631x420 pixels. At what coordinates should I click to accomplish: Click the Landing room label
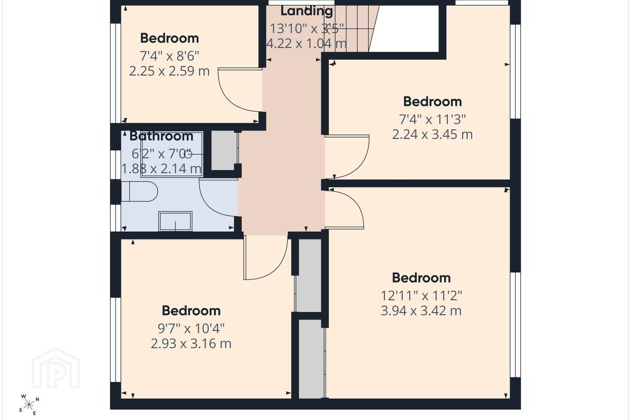306,11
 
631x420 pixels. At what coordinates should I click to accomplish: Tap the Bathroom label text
161,136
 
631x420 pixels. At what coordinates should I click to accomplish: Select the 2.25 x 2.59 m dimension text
170,71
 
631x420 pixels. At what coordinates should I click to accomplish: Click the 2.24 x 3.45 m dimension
432,134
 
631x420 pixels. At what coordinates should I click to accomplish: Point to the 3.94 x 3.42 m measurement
422,311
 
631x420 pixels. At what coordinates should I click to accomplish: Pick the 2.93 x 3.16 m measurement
191,343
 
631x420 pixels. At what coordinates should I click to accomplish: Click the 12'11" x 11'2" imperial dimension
422,296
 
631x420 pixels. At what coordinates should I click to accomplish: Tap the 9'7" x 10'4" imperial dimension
191,328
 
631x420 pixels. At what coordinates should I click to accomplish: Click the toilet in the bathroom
139,192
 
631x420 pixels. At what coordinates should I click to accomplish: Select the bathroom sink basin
175,221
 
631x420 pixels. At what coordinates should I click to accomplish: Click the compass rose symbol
29,405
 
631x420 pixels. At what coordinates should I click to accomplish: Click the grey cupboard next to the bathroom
224,150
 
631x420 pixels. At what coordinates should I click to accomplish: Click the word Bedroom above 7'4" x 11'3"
432,101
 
